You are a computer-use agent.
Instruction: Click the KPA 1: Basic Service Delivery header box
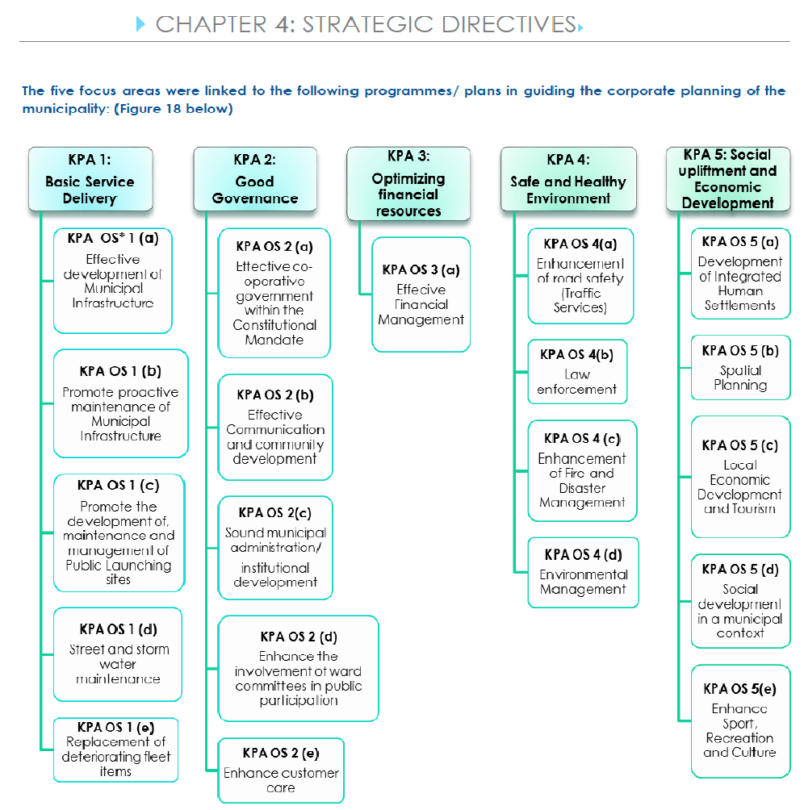click(90, 179)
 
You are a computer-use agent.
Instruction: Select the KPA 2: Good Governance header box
click(255, 179)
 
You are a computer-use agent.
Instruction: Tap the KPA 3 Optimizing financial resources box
click(408, 183)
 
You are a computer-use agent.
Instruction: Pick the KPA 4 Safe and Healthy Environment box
click(568, 179)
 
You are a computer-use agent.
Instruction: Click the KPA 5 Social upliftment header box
click(728, 179)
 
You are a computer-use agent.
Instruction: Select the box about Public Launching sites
click(119, 532)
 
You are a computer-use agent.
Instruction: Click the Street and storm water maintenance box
click(118, 654)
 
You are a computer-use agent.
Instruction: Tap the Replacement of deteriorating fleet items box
click(115, 749)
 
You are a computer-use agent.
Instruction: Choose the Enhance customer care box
click(281, 770)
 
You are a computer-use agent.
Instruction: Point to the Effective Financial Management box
click(421, 294)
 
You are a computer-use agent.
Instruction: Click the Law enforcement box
click(577, 371)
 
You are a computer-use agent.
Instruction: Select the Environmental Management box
click(584, 572)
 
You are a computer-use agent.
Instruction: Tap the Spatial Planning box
click(741, 368)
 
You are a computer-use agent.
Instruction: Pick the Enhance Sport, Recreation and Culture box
click(741, 721)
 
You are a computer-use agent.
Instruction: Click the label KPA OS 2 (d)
click(299, 637)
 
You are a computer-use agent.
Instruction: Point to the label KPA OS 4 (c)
click(582, 439)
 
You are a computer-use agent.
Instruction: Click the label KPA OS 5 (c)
click(740, 445)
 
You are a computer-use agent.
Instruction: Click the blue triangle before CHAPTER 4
click(140, 23)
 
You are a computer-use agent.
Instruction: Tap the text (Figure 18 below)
click(174, 108)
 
